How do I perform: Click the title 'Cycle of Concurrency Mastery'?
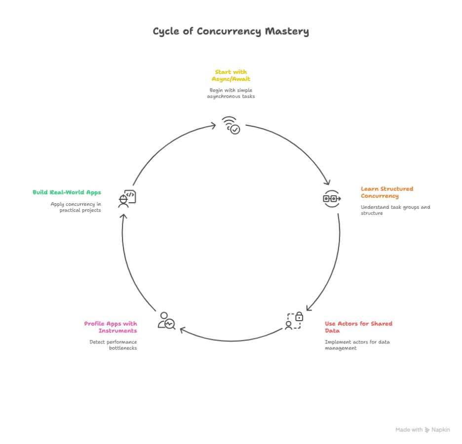[x=231, y=32]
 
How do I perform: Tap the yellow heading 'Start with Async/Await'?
[x=231, y=75]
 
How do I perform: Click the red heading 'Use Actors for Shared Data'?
[x=358, y=327]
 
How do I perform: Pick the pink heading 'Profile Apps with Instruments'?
[x=111, y=327]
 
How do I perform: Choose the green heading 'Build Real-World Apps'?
[x=67, y=192]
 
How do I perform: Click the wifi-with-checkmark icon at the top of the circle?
[x=231, y=125]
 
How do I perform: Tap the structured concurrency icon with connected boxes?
[x=332, y=198]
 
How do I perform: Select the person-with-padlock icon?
[x=294, y=321]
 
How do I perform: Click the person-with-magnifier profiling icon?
[x=166, y=321]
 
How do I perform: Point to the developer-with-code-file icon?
[x=127, y=198]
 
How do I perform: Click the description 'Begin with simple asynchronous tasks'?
[x=231, y=93]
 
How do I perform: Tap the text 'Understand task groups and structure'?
[x=395, y=210]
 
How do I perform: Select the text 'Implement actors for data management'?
[x=357, y=345]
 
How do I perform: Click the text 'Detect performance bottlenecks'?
[x=113, y=345]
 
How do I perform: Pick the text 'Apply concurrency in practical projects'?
[x=76, y=207]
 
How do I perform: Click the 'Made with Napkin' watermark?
[x=423, y=430]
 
